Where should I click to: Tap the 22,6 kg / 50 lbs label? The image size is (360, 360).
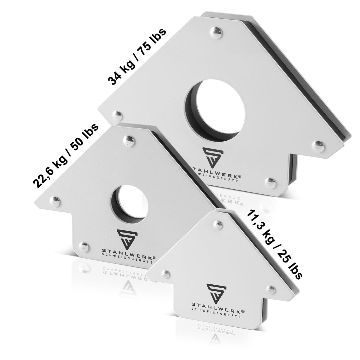66,155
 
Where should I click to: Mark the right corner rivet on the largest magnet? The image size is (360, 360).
318,145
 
